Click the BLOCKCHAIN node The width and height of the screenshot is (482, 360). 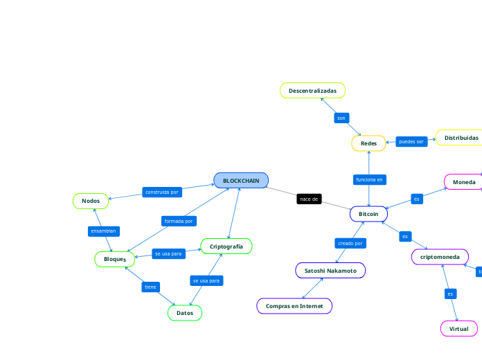coord(241,181)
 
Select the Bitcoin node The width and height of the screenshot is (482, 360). coord(368,215)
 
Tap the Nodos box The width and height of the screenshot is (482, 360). coord(91,201)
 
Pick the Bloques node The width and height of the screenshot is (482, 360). coord(115,259)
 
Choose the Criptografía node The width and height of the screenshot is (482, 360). coord(226,246)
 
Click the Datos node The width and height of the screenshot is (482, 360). coord(185,313)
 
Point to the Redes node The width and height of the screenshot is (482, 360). coord(369,143)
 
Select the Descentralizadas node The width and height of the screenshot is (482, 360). coord(312,91)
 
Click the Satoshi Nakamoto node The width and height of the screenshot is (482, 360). coord(330,271)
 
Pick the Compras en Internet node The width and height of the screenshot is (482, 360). coord(294,305)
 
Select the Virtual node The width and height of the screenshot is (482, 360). coord(458,328)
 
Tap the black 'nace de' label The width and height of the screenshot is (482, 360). coord(309,199)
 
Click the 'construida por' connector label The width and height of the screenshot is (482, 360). coord(162,192)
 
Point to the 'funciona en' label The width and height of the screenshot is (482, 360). coord(369,179)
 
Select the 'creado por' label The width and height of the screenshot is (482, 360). coord(350,243)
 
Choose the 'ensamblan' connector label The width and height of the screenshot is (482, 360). coord(104,231)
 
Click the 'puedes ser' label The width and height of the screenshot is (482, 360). coord(411,141)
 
